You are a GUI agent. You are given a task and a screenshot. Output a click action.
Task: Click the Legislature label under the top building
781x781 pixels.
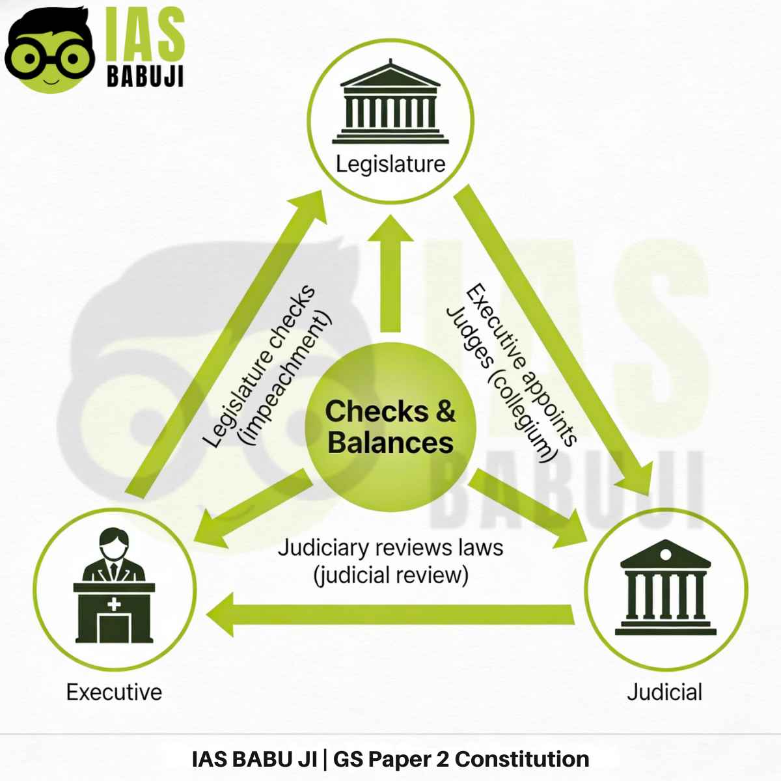pyautogui.click(x=390, y=164)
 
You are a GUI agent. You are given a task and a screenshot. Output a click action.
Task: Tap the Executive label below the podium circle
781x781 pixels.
pyautogui.click(x=114, y=692)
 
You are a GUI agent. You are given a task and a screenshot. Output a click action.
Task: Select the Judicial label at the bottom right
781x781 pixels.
pyautogui.click(x=665, y=692)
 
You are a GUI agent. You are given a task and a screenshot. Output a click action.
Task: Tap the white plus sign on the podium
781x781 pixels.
pyautogui.click(x=114, y=604)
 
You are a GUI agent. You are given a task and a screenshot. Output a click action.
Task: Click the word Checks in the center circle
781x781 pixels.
pyautogui.click(x=376, y=411)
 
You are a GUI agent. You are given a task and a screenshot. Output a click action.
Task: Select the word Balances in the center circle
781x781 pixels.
pyautogui.click(x=390, y=443)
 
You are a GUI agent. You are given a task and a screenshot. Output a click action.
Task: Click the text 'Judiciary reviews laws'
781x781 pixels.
pyautogui.click(x=390, y=548)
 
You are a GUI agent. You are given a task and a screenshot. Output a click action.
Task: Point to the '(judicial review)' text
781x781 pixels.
pyautogui.click(x=390, y=575)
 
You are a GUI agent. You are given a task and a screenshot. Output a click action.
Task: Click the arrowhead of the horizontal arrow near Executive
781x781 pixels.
pyautogui.click(x=221, y=614)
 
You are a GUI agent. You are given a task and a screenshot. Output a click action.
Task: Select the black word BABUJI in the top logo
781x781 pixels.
pyautogui.click(x=144, y=77)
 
